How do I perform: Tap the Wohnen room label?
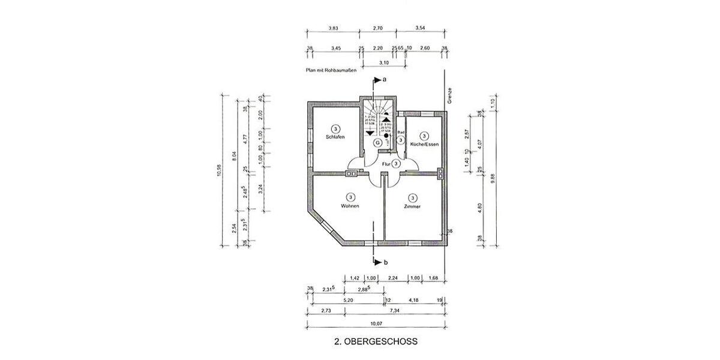click(350, 206)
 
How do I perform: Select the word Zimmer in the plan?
click(412, 206)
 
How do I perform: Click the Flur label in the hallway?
click(386, 163)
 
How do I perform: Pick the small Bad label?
click(401, 132)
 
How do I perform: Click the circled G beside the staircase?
click(377, 143)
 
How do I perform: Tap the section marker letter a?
click(384, 79)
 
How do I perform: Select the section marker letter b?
click(386, 262)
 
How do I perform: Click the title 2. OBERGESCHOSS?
click(375, 342)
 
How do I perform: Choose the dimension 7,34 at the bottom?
click(394, 311)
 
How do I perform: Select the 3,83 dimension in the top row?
click(334, 28)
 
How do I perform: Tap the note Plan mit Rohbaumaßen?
click(332, 71)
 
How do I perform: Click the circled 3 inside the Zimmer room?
click(412, 197)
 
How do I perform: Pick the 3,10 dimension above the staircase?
click(384, 62)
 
